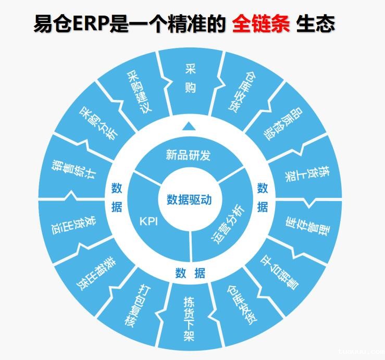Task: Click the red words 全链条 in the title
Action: click(x=261, y=23)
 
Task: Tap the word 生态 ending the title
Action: click(x=315, y=23)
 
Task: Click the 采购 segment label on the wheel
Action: click(x=190, y=79)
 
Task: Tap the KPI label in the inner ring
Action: click(x=148, y=221)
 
